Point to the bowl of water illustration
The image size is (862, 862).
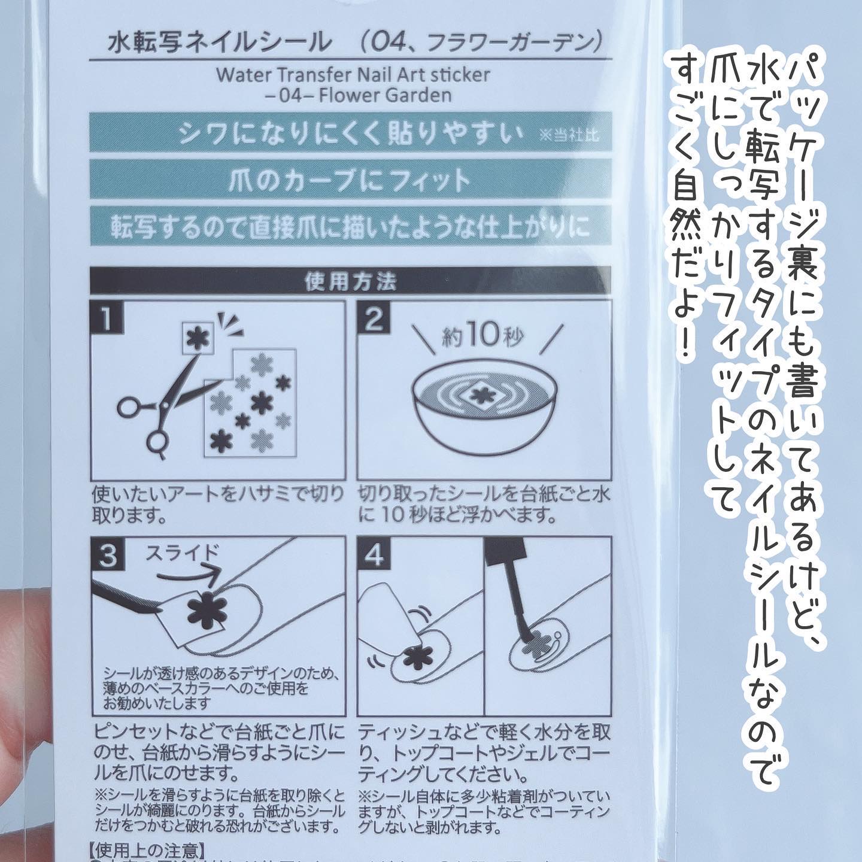(x=485, y=413)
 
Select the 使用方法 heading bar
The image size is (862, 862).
(x=350, y=281)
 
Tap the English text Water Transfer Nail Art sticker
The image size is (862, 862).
(x=353, y=74)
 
